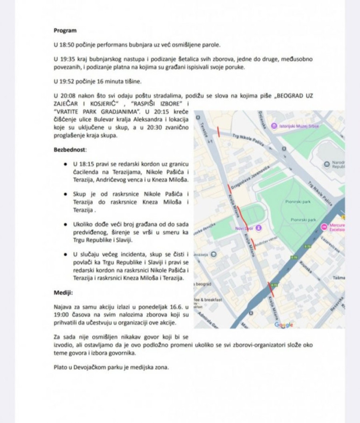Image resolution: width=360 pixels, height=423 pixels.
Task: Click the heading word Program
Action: [x=65, y=30]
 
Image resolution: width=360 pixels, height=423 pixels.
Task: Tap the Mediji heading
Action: [x=63, y=293]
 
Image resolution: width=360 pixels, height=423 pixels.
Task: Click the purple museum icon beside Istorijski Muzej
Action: [x=274, y=126]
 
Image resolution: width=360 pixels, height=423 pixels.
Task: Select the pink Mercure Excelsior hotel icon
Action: [x=324, y=227]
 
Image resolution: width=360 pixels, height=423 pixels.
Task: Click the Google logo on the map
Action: [x=284, y=325]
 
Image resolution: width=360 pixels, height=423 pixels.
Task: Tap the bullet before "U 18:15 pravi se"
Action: [x=65, y=164]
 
